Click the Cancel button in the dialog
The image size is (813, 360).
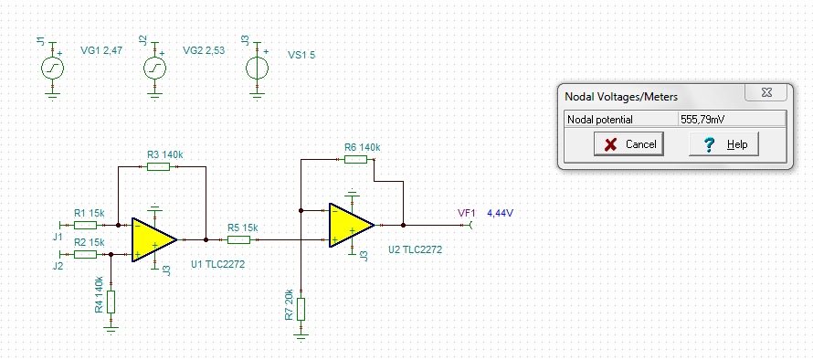(x=628, y=143)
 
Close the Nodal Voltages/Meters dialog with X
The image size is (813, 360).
(x=766, y=92)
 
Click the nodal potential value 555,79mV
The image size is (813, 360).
(x=702, y=120)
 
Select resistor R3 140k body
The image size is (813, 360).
(x=158, y=166)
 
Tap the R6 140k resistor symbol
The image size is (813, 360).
(x=355, y=159)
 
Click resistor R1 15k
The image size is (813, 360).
(x=85, y=225)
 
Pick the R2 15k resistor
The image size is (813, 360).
(x=85, y=254)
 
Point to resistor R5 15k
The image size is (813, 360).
(x=238, y=239)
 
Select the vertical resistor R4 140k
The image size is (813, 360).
(x=111, y=302)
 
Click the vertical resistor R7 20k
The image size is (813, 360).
(x=301, y=309)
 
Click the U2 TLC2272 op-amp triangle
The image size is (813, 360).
(x=352, y=225)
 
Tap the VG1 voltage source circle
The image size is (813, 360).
(x=52, y=68)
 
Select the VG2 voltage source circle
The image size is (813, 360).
(x=154, y=68)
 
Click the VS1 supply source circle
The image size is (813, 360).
(x=257, y=68)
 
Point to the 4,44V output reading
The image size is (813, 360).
(x=501, y=213)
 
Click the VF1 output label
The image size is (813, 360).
(x=467, y=213)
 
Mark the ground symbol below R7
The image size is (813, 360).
(x=301, y=335)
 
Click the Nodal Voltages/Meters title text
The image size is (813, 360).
(x=621, y=97)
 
